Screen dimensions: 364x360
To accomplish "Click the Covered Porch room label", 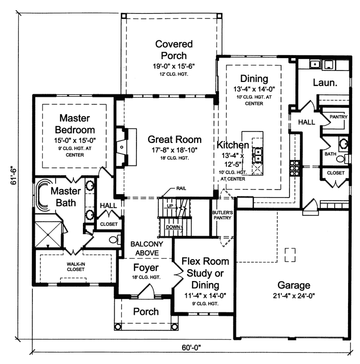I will coord(170,50).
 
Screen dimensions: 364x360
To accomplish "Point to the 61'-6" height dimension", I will coord(11,176).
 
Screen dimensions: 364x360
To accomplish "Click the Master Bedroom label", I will coord(74,124).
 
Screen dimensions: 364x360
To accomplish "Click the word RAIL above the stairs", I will coord(181,189).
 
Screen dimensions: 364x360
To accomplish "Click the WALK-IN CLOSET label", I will coord(72,266).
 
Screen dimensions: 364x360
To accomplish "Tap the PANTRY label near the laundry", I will coord(338,117).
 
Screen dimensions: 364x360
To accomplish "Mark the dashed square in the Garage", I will coord(289,255).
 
